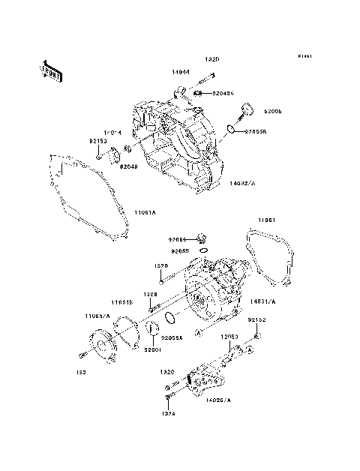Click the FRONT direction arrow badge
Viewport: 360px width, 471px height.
(x=49, y=70)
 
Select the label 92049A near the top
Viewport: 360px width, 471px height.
(x=223, y=94)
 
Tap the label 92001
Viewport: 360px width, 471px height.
(x=153, y=350)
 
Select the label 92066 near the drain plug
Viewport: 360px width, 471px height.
(x=178, y=241)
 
